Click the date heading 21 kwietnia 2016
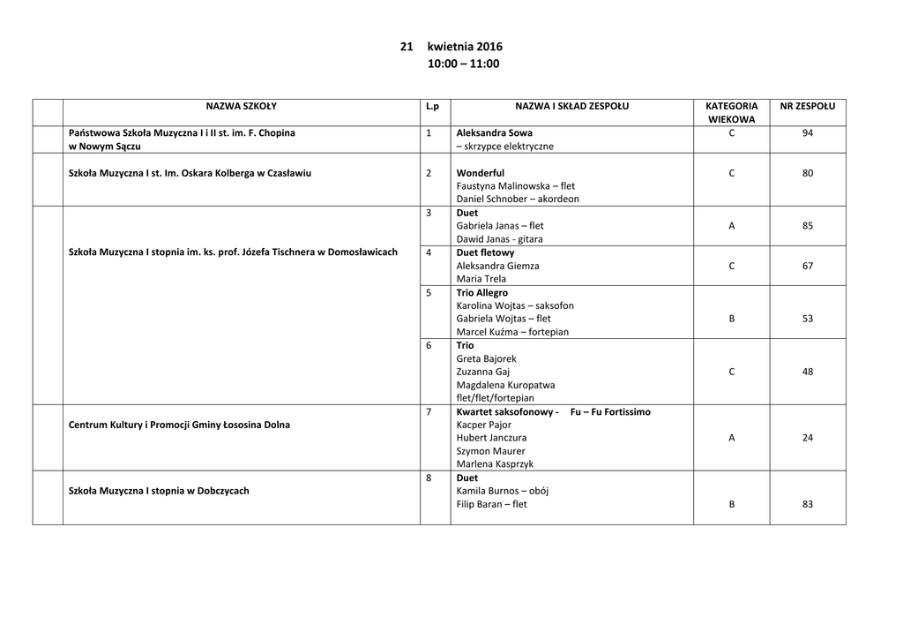click(x=451, y=47)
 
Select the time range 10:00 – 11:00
click(x=463, y=64)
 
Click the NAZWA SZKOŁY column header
click(x=241, y=107)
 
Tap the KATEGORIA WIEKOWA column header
click(x=731, y=112)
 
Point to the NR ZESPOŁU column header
click(x=807, y=107)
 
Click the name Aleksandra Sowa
click(x=494, y=133)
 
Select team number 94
click(x=808, y=133)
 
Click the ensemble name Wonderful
click(x=481, y=173)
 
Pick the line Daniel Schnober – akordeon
click(x=518, y=200)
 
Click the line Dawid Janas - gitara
click(x=499, y=239)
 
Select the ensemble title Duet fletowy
click(x=485, y=252)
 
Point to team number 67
click(x=808, y=266)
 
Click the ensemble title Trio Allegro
click(x=482, y=292)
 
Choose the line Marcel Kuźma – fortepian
click(x=512, y=332)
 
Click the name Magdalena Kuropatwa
click(x=505, y=385)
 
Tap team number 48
click(x=808, y=372)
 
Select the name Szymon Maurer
click(x=490, y=451)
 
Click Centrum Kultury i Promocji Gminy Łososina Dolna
click(x=179, y=425)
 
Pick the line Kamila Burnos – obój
click(x=502, y=491)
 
